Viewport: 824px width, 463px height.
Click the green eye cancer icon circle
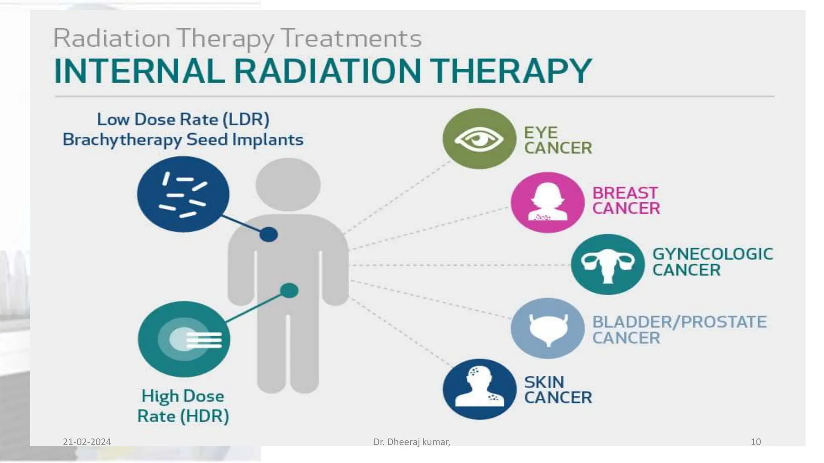479,139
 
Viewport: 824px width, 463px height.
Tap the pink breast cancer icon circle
547,203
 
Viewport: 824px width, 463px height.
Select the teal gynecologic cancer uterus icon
608,264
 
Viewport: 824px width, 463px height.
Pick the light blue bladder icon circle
547,328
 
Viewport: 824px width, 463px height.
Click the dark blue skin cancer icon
479,389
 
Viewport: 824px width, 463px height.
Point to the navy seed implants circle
183,194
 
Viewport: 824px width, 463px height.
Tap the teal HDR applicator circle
184,339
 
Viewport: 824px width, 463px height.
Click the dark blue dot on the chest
268,234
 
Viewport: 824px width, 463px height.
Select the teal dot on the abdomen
289,290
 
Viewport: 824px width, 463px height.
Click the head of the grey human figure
288,184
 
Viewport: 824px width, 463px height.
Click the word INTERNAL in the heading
139,71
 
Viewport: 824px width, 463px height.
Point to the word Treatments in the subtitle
351,39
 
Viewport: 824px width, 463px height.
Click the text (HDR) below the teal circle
204,416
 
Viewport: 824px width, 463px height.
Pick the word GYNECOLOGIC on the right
712,254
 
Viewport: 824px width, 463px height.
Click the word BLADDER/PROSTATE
679,322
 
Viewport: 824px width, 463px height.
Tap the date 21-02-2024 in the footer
87,442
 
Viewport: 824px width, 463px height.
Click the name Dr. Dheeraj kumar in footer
411,442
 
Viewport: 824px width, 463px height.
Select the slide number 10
756,442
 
